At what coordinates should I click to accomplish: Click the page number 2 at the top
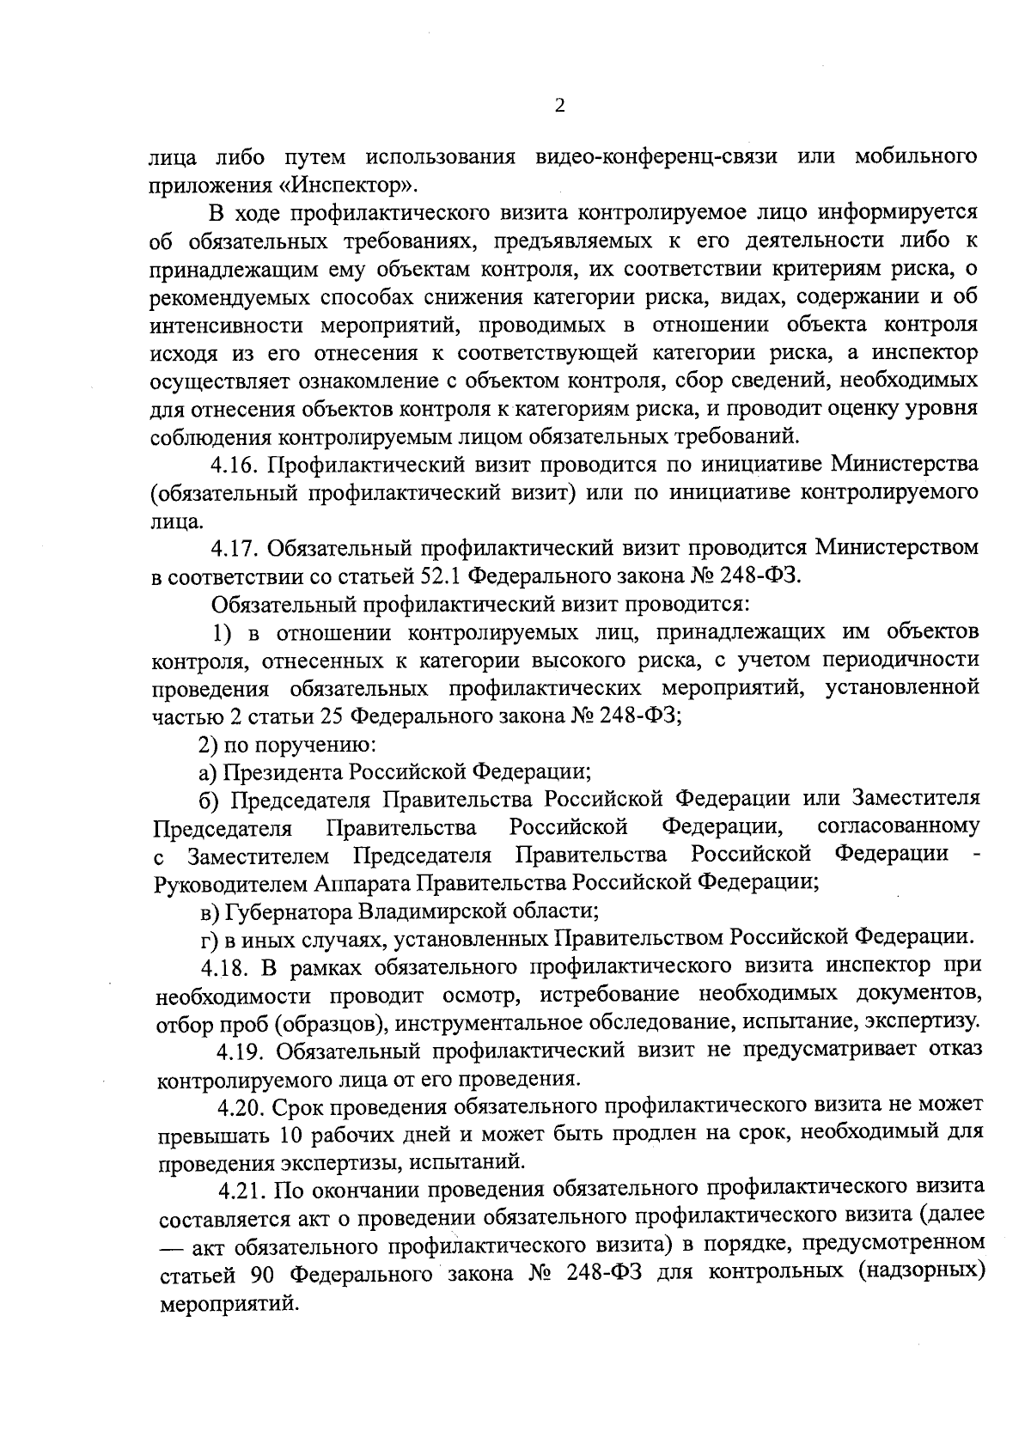click(560, 106)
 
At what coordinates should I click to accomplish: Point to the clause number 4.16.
click(235, 465)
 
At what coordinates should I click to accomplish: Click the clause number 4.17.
click(235, 548)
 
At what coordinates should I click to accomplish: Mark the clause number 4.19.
click(242, 1051)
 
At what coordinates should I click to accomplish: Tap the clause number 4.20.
click(243, 1106)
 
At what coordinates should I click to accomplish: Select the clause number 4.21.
click(243, 1190)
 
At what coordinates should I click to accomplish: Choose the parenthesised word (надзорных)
click(919, 1272)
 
